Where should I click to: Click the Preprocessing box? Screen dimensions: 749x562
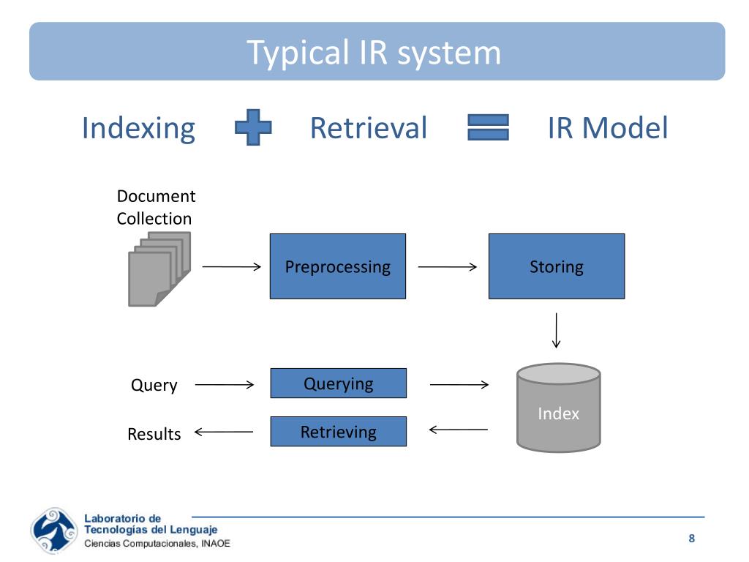(x=338, y=266)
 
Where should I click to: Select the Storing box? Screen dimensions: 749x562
(x=557, y=266)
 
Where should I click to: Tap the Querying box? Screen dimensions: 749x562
(x=338, y=383)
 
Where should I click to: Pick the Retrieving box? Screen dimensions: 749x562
(x=338, y=432)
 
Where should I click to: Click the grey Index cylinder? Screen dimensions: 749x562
(x=558, y=408)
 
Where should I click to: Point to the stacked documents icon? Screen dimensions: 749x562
(x=159, y=269)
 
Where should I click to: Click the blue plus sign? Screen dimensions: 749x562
(x=253, y=127)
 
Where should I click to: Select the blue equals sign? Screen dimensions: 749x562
(x=488, y=127)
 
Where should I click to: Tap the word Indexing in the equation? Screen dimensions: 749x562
(x=138, y=128)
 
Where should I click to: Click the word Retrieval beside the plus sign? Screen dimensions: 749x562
(x=369, y=128)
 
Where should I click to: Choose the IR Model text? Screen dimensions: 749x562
(x=608, y=128)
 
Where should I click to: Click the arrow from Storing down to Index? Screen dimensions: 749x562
(x=556, y=330)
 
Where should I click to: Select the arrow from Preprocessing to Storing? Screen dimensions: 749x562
(x=448, y=266)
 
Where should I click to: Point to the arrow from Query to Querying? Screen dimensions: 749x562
(x=225, y=384)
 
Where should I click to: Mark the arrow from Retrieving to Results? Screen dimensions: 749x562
(x=224, y=432)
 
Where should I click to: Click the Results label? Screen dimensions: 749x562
(x=154, y=434)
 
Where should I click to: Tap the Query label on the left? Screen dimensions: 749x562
(x=154, y=385)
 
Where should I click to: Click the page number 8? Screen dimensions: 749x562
(x=692, y=539)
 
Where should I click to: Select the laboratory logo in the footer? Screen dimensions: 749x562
(x=54, y=531)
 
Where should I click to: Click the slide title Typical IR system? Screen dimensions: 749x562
(x=374, y=52)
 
